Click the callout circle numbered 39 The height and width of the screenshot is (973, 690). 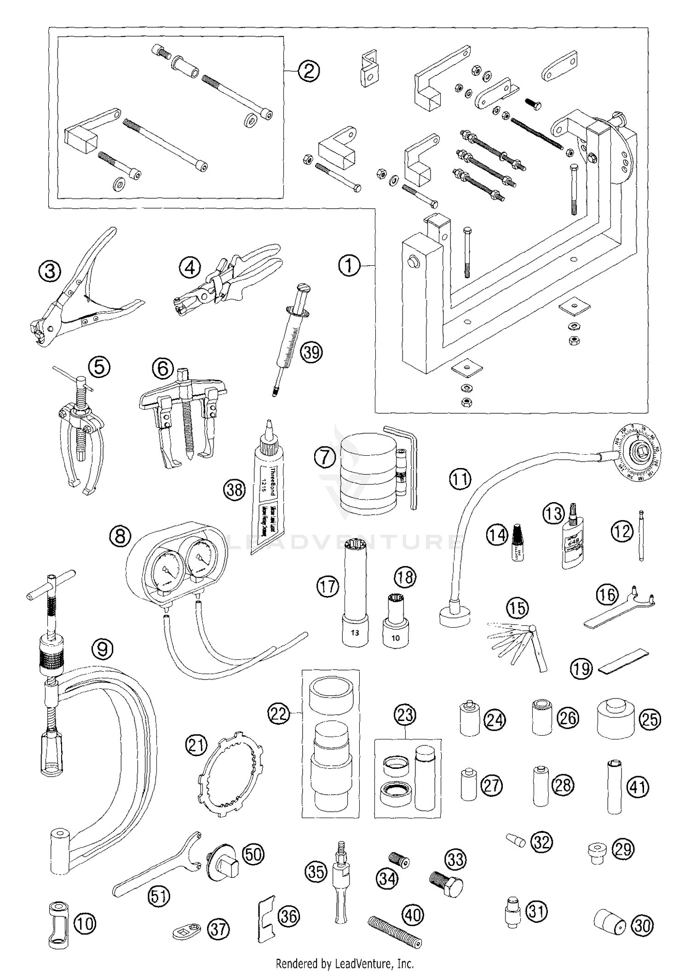point(311,352)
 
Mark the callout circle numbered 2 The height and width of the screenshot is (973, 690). point(308,71)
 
